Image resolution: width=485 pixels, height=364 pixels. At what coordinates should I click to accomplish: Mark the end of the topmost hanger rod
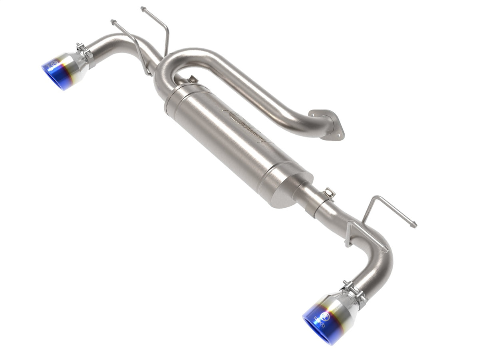[143, 8]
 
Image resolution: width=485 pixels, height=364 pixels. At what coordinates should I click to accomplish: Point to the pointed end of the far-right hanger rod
[414, 225]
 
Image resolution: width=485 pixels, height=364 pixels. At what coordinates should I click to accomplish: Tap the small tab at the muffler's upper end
[193, 79]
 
